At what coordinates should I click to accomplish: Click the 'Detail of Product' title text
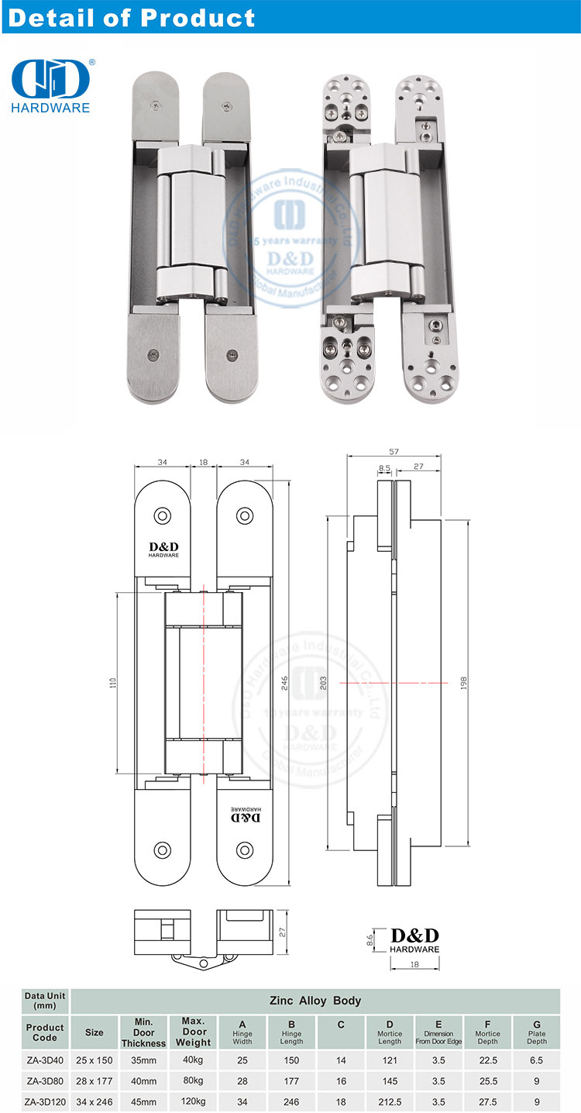click(x=131, y=17)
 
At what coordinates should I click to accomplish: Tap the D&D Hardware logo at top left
click(x=51, y=85)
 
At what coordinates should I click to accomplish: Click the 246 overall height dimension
click(x=285, y=683)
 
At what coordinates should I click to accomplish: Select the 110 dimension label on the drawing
click(x=112, y=683)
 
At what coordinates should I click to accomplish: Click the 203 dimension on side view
click(x=323, y=683)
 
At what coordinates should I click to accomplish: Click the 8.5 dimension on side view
click(x=384, y=467)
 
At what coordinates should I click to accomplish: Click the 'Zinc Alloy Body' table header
click(x=315, y=1001)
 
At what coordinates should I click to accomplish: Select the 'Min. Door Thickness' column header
click(x=143, y=1032)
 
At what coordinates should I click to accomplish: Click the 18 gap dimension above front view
click(x=204, y=462)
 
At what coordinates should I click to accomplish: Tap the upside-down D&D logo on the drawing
click(x=247, y=816)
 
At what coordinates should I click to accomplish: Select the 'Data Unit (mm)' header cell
click(x=45, y=1001)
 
